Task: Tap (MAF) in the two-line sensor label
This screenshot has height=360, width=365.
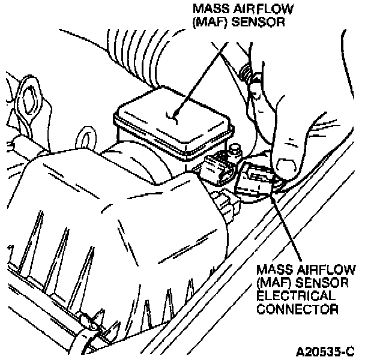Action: click(x=210, y=22)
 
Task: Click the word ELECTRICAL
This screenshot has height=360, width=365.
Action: click(x=296, y=296)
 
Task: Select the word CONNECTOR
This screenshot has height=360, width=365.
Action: click(x=298, y=309)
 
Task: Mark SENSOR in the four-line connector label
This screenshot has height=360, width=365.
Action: click(x=322, y=283)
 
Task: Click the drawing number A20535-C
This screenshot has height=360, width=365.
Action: click(x=325, y=352)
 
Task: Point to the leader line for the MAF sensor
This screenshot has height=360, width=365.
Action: click(x=201, y=79)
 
